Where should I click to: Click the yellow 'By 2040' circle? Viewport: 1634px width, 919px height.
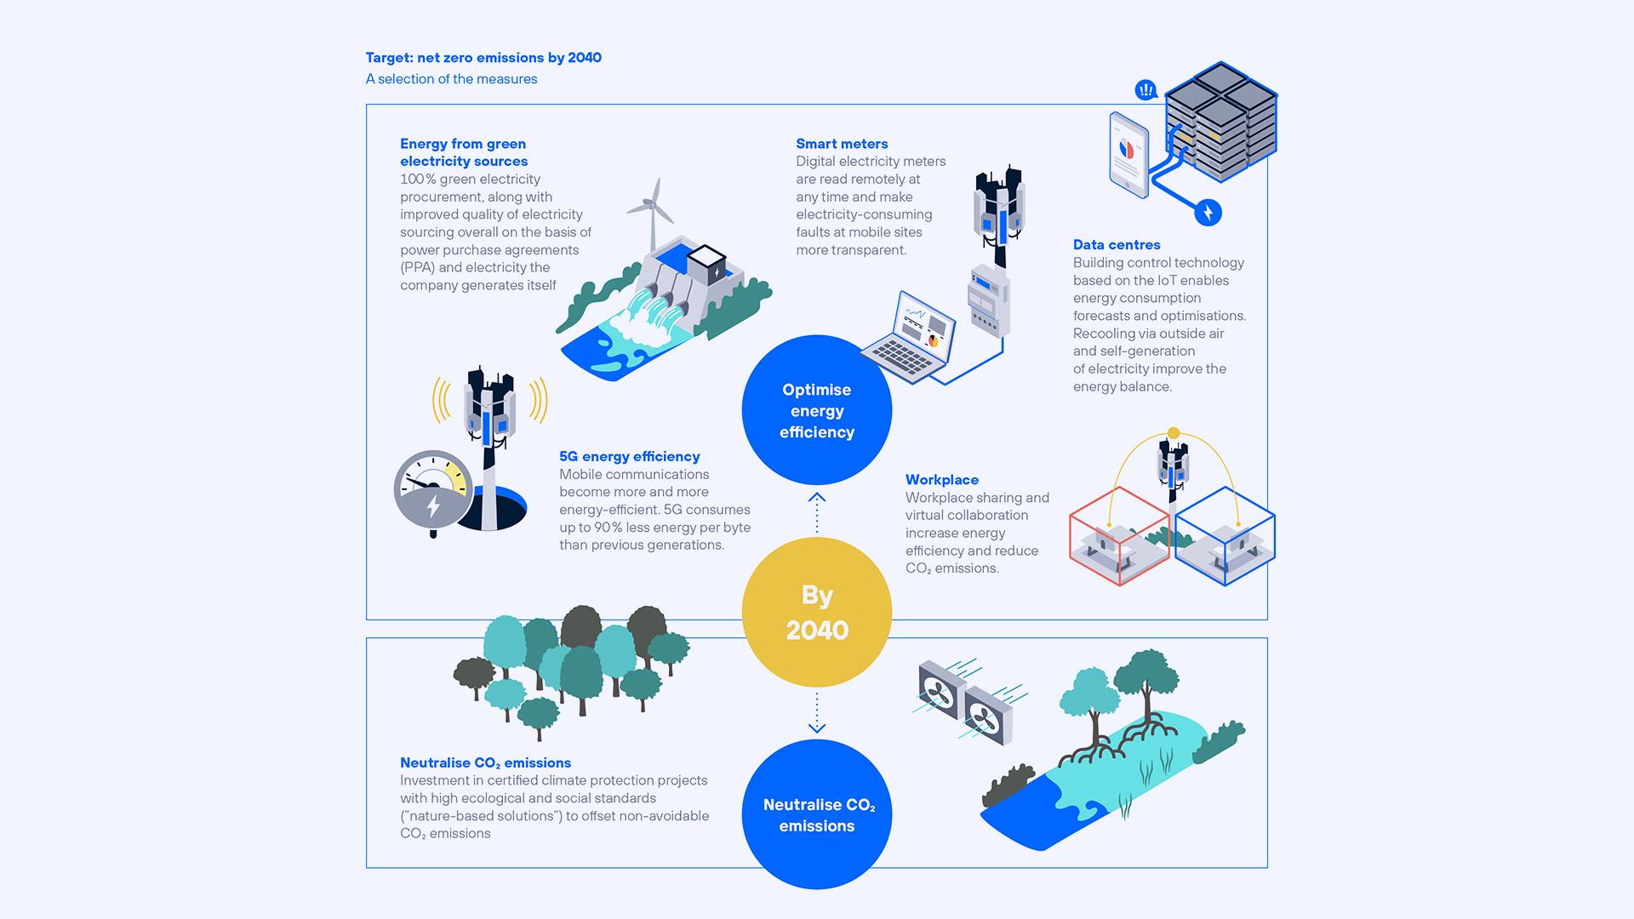tap(817, 612)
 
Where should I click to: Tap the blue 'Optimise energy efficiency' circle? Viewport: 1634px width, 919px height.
tap(817, 410)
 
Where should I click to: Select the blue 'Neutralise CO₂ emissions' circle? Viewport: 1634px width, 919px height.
tap(817, 814)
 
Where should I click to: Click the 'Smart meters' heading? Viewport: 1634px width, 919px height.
tap(842, 144)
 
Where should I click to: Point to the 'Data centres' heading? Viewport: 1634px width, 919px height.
tap(1117, 245)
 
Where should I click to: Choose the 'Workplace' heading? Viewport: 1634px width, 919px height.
tap(942, 480)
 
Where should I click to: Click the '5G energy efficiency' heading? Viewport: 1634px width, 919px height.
tap(630, 457)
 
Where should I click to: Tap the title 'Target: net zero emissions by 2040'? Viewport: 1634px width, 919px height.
tap(483, 58)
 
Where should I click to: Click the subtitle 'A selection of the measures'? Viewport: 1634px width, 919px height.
tap(451, 79)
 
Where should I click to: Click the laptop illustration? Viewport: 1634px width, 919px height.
tap(911, 340)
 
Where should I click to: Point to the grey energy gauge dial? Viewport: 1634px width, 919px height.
tap(433, 491)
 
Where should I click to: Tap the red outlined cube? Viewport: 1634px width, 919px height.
tap(1119, 535)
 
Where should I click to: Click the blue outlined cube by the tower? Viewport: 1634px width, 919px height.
tap(1225, 535)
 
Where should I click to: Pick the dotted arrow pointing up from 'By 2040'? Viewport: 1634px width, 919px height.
tap(817, 511)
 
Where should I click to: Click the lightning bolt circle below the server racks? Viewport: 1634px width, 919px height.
tap(1208, 212)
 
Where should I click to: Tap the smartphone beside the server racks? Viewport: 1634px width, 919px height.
tap(1129, 155)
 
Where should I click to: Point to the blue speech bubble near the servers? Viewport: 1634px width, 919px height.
tap(1146, 89)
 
